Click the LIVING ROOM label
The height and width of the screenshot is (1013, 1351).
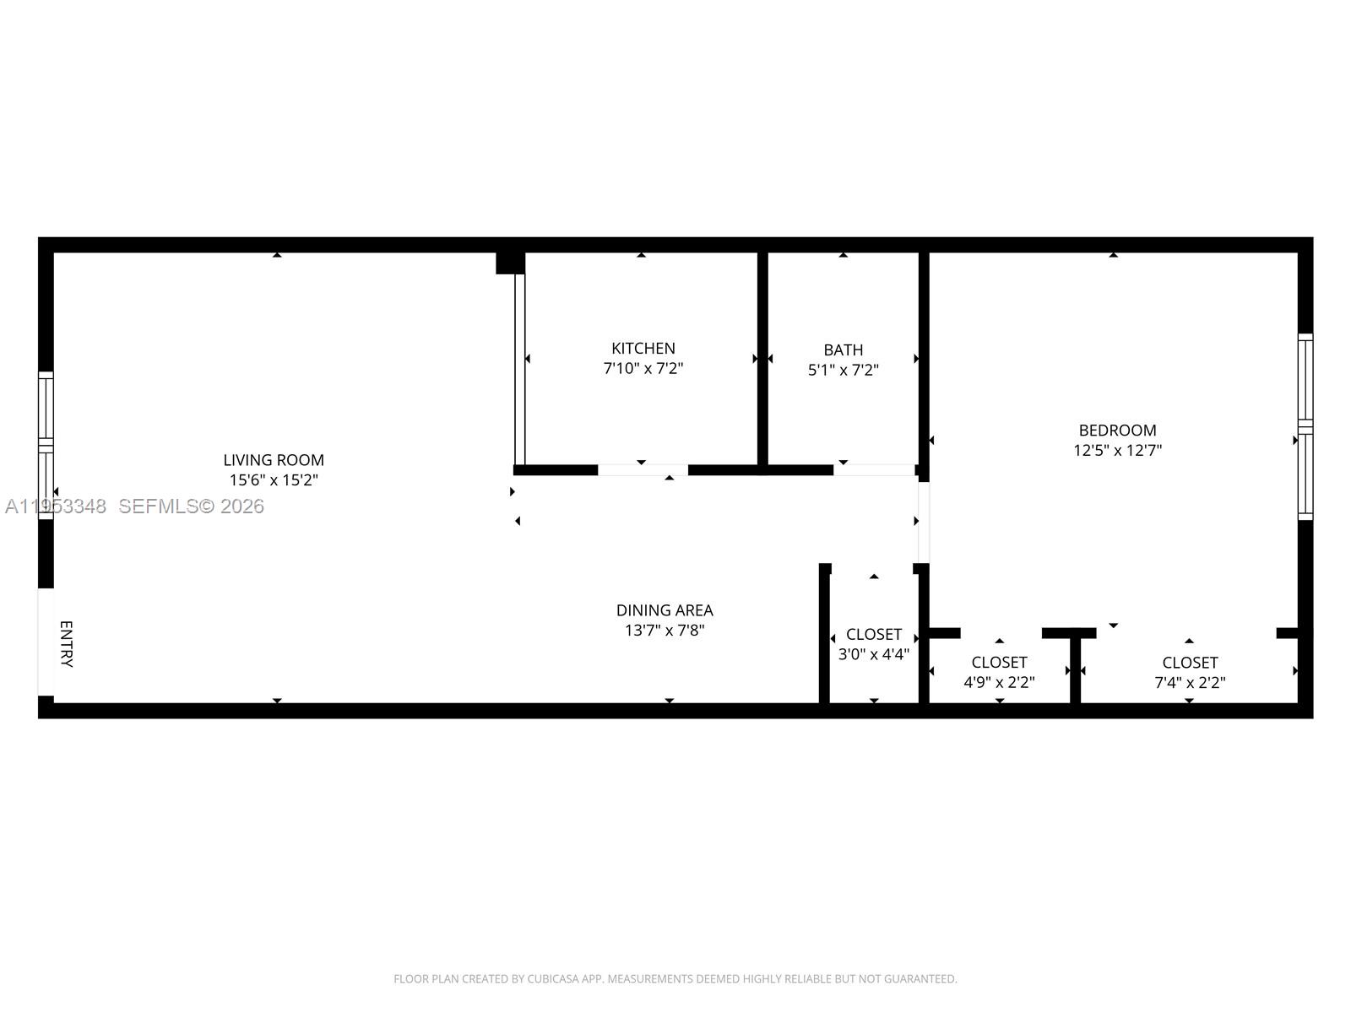[274, 460]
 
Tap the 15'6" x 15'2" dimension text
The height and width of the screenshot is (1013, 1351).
[274, 480]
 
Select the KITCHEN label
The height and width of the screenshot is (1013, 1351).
[643, 348]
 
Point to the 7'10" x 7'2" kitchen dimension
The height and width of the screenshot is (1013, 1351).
[643, 369]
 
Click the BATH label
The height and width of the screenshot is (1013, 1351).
[844, 349]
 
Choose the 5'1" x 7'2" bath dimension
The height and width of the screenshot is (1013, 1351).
[844, 370]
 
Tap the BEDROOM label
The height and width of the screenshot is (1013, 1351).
[1117, 431]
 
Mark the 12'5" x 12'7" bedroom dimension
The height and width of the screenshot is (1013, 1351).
[1117, 451]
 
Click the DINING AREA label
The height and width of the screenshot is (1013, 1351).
[665, 610]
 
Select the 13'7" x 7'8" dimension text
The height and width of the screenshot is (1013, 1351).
[665, 631]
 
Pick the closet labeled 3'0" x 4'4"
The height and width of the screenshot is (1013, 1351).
[874, 644]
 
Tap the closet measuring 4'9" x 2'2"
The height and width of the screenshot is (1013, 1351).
[999, 673]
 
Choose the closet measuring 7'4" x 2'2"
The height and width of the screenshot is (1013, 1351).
[1190, 673]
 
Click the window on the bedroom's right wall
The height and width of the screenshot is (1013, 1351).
[1305, 426]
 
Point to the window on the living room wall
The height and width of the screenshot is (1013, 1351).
[46, 445]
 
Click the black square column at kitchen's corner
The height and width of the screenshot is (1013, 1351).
[510, 263]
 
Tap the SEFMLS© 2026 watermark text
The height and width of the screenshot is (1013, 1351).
[192, 506]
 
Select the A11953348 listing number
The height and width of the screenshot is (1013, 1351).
[56, 506]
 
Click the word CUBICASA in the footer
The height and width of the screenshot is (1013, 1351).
[552, 979]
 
